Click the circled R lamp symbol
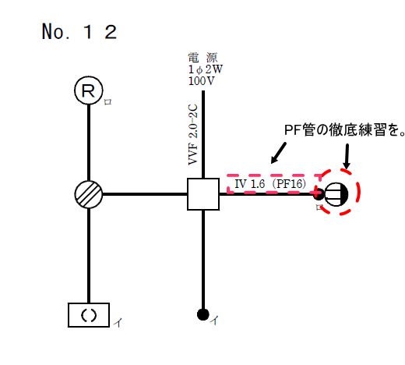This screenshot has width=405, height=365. (x=89, y=90)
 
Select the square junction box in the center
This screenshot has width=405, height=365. (x=203, y=193)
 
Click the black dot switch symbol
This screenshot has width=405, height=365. (x=203, y=315)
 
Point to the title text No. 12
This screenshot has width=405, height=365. (x=79, y=32)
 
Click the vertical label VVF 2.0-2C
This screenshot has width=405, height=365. (x=192, y=132)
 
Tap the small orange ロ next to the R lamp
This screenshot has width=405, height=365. (x=108, y=102)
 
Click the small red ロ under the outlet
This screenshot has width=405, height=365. (x=319, y=208)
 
